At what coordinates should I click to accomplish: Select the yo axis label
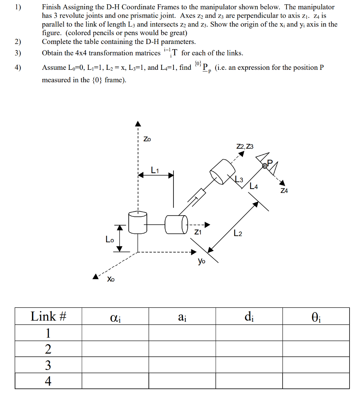point(202,261)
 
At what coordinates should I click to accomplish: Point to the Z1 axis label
point(198,232)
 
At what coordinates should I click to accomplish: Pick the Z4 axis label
point(284,191)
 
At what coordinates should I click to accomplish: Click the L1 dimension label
point(155,169)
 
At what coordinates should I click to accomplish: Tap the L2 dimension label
point(238,233)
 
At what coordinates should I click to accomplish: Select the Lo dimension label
point(110,239)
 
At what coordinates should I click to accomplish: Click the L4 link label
point(254,186)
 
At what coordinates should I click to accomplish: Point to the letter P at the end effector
point(269,162)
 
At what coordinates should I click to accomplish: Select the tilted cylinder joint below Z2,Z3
point(222,171)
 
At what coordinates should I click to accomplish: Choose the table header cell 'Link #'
point(49,316)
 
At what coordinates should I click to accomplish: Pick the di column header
point(249,317)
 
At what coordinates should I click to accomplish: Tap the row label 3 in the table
point(48,365)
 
